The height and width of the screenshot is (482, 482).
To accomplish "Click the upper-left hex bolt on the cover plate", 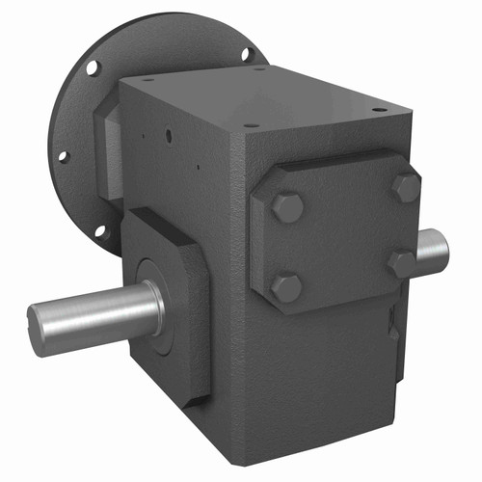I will [286, 206].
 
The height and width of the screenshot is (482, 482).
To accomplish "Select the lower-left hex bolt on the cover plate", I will [286, 286].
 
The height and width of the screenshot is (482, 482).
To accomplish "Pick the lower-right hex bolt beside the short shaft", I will [401, 262].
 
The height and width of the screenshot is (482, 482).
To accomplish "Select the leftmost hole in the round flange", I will [63, 154].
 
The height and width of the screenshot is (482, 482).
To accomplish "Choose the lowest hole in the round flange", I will [103, 231].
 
